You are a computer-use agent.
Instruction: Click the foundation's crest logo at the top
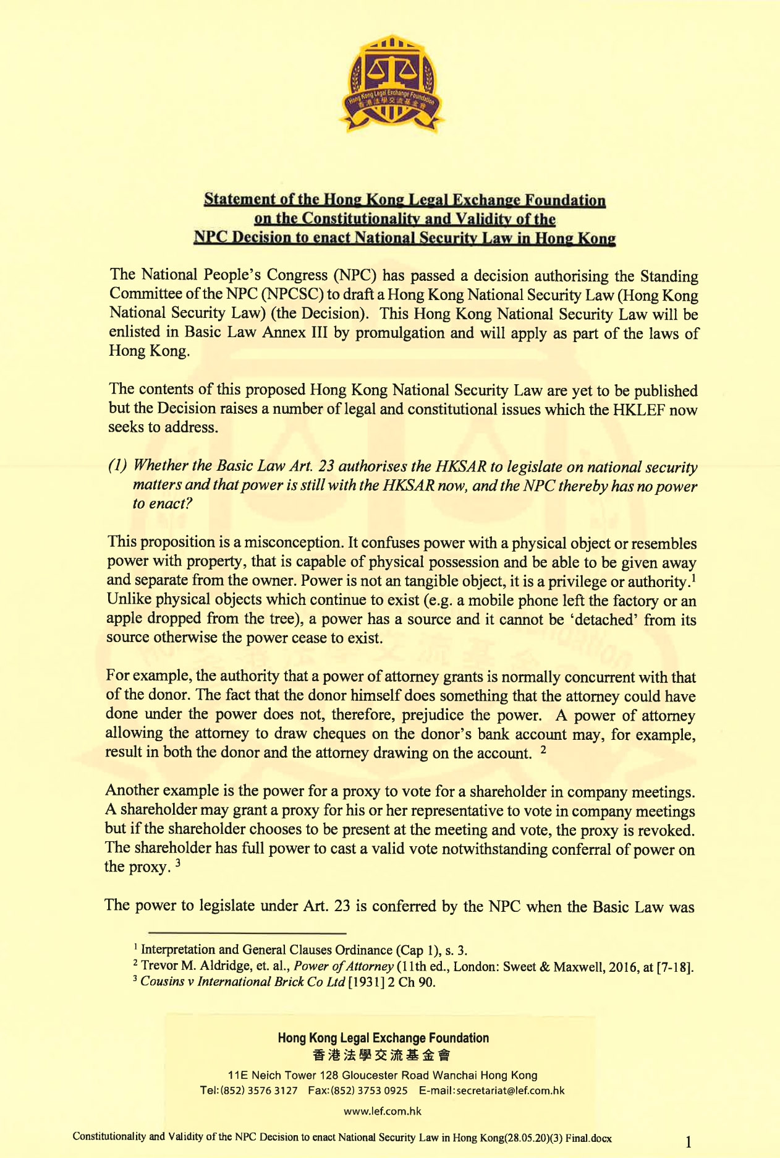click(x=390, y=83)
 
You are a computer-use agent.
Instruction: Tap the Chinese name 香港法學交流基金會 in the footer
click(x=383, y=1055)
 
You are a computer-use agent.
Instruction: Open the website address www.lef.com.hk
click(x=383, y=1111)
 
